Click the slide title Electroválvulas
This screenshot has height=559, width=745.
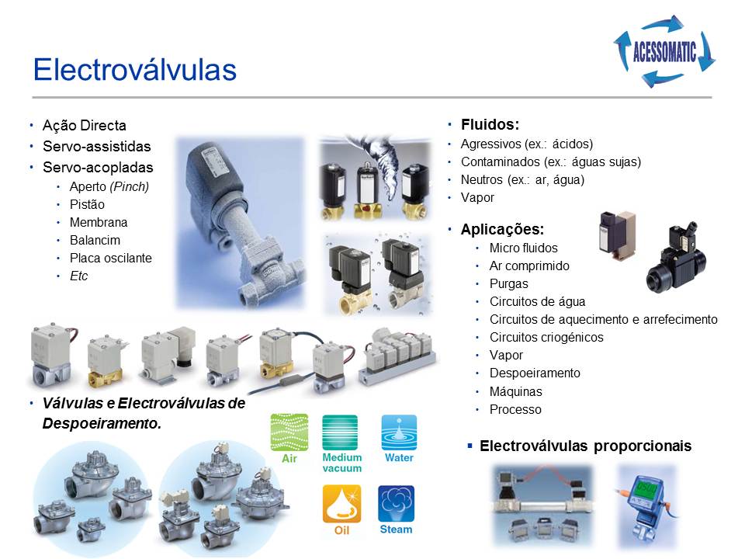(x=134, y=69)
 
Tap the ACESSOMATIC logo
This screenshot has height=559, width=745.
(x=665, y=51)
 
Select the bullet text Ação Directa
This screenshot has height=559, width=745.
(x=85, y=126)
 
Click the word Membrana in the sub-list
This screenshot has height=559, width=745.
(x=99, y=223)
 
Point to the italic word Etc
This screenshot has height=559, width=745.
(x=79, y=276)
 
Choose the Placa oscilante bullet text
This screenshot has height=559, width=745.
(x=111, y=258)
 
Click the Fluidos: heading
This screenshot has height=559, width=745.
(x=490, y=124)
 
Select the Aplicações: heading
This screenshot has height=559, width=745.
(x=502, y=229)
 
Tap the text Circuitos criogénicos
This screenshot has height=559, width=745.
(x=546, y=337)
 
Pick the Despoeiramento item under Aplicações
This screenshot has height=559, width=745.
(x=535, y=373)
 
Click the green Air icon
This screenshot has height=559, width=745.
(x=289, y=432)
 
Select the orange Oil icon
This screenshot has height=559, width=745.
(x=341, y=504)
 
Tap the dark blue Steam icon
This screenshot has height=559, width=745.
(x=397, y=504)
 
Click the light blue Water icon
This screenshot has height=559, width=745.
(x=399, y=432)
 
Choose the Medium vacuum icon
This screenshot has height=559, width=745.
(x=340, y=432)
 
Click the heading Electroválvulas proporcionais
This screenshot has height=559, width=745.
(x=585, y=446)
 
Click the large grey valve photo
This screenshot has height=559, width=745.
(x=240, y=224)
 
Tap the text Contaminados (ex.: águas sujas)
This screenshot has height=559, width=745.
(x=551, y=162)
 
